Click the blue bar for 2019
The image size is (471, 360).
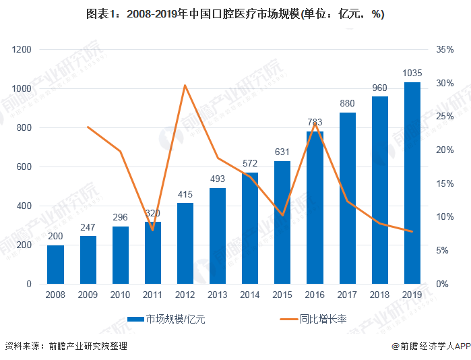pyautogui.click(x=412, y=183)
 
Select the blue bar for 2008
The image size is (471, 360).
pyautogui.click(x=55, y=264)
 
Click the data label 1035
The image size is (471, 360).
pyautogui.click(x=412, y=73)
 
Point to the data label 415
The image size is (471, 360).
pyautogui.click(x=185, y=194)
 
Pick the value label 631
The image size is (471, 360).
pyautogui.click(x=282, y=152)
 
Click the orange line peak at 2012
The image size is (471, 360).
pyautogui.click(x=185, y=86)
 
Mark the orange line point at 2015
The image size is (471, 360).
pyautogui.click(x=282, y=215)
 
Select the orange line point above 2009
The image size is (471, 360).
pyautogui.click(x=88, y=127)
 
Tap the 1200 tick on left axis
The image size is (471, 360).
pyautogui.click(x=22, y=50)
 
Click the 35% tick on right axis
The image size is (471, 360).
pyautogui.click(x=445, y=50)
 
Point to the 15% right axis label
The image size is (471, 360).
pyautogui.click(x=445, y=183)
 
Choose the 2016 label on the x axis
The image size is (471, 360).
pyautogui.click(x=315, y=295)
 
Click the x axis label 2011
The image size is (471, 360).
pyautogui.click(x=153, y=295)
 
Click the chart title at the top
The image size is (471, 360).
pyautogui.click(x=235, y=13)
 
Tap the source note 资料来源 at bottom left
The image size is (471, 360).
pyautogui.click(x=66, y=347)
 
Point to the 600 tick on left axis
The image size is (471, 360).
pyautogui.click(x=24, y=167)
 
